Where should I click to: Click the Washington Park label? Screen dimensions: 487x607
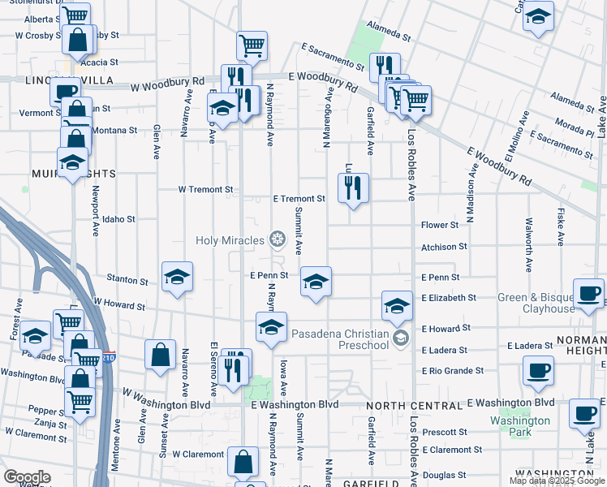click(x=519, y=426)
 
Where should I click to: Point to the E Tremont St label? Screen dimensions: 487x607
click(x=299, y=198)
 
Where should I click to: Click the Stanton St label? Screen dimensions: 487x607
click(x=127, y=280)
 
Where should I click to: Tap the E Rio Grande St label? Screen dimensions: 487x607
click(x=452, y=371)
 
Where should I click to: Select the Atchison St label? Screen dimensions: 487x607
click(x=444, y=247)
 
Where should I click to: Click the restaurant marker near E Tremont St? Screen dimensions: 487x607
click(x=352, y=187)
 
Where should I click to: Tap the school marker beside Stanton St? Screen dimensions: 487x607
click(x=177, y=277)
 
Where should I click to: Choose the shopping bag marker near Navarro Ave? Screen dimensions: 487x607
click(x=161, y=354)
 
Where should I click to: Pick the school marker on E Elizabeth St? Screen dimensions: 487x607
click(x=396, y=306)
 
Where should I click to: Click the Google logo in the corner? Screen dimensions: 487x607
click(x=27, y=477)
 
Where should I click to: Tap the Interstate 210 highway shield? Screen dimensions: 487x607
click(x=110, y=356)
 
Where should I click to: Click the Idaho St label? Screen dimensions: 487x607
click(x=118, y=219)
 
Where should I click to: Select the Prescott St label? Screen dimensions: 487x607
click(x=445, y=432)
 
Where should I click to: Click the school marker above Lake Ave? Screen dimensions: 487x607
click(x=537, y=16)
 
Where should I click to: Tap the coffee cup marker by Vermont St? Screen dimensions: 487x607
click(x=65, y=91)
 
